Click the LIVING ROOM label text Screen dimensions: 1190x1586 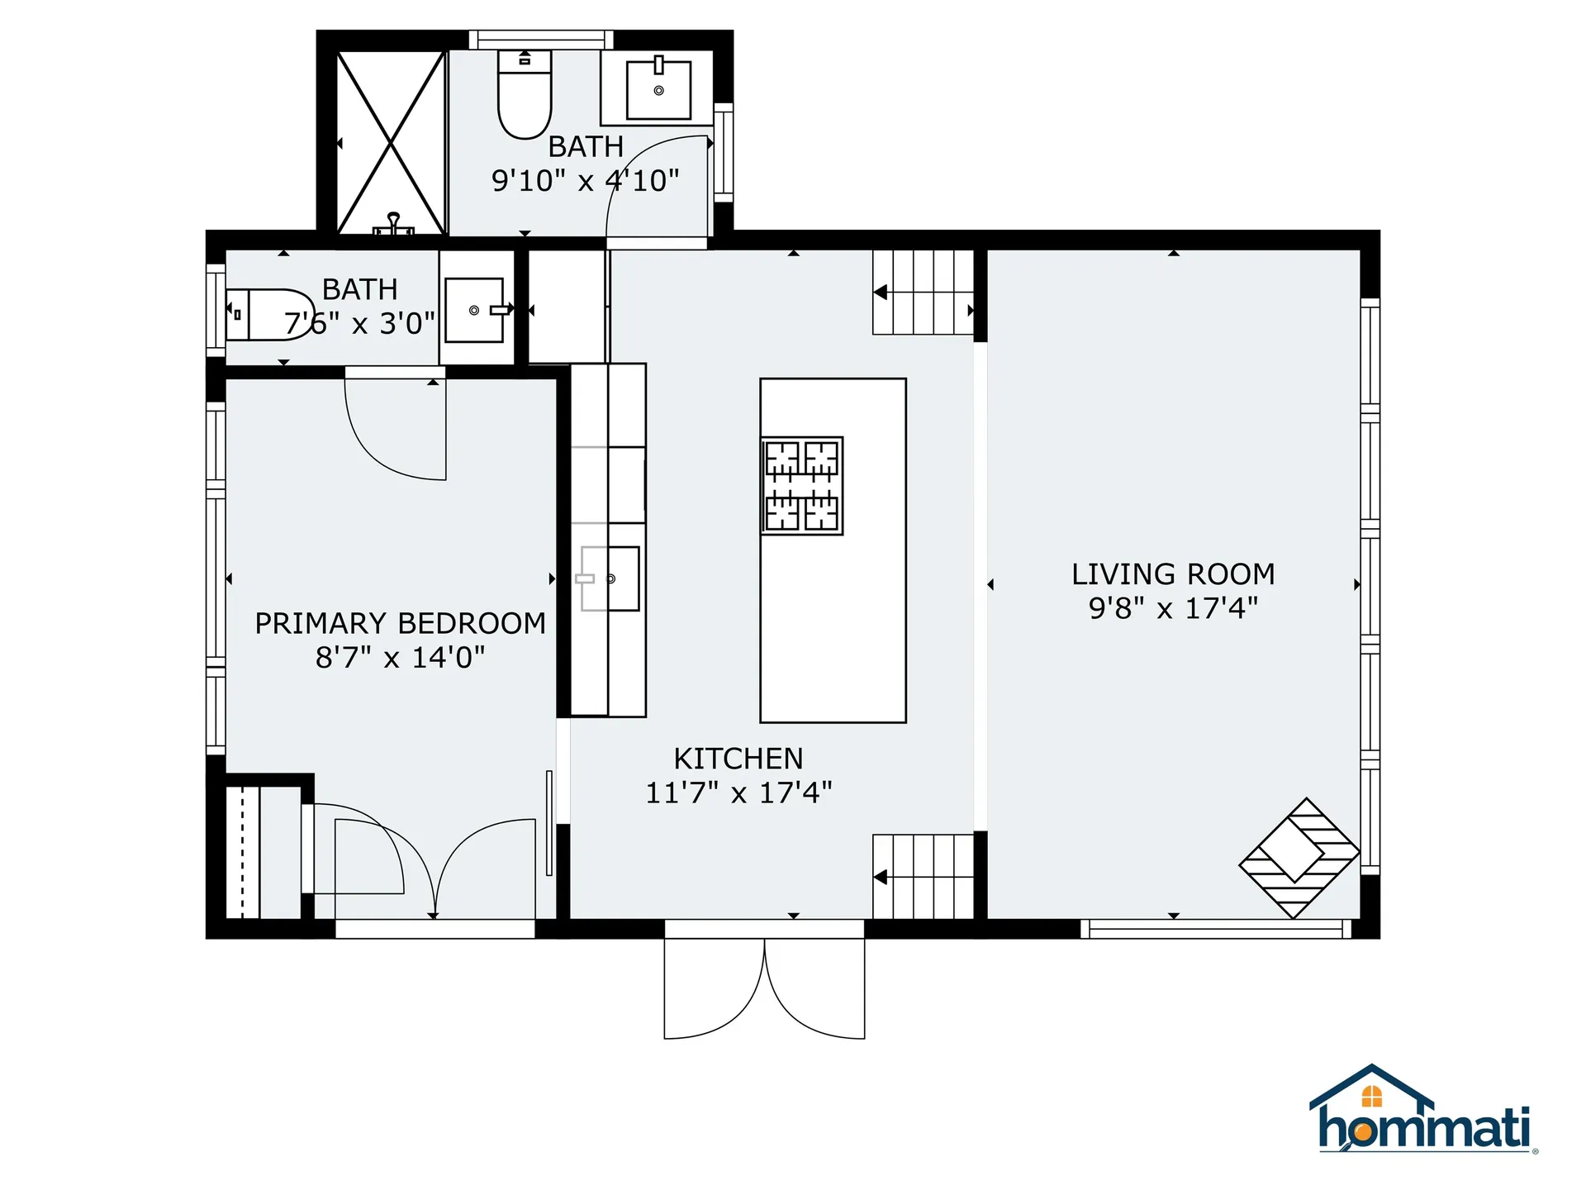pos(1173,574)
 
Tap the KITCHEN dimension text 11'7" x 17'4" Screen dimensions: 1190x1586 pos(738,793)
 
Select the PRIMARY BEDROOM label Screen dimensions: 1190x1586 pos(400,623)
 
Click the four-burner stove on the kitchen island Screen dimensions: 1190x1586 pos(801,486)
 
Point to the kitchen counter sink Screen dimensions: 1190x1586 pos(610,578)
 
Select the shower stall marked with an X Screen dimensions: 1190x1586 pos(391,143)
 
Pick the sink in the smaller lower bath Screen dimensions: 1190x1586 pos(475,310)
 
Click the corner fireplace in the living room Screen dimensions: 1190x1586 pos(1299,858)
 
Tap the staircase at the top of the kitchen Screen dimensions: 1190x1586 pos(924,293)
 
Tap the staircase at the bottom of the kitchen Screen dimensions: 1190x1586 pos(924,877)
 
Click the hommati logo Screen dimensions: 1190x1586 pos(1423,1111)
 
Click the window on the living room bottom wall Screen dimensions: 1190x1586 pos(1216,930)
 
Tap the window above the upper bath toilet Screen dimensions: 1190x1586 pos(541,40)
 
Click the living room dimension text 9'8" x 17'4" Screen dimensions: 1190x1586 pos(1173,609)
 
